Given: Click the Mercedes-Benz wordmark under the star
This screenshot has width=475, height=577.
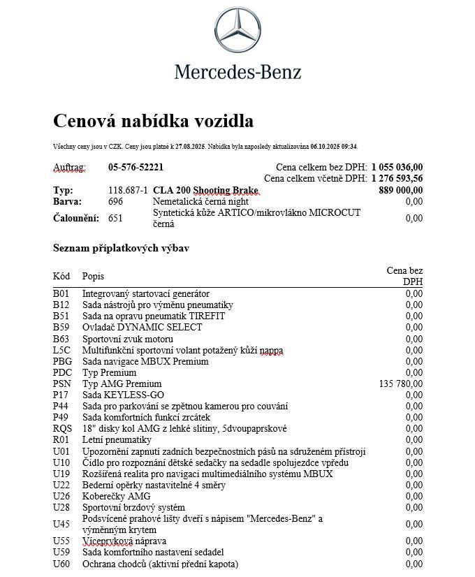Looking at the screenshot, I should pyautogui.click(x=237, y=71).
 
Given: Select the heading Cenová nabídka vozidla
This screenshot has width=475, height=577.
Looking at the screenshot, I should pyautogui.click(x=153, y=122).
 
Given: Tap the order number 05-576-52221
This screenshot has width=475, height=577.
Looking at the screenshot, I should pyautogui.click(x=136, y=168).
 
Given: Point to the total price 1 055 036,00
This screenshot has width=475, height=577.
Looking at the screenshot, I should pyautogui.click(x=397, y=168).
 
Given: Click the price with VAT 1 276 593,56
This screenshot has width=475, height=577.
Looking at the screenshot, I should pyautogui.click(x=397, y=179).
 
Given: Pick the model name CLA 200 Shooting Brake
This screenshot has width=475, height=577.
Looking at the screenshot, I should pyautogui.click(x=205, y=191).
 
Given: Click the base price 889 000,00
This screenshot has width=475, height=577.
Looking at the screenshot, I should pyautogui.click(x=400, y=191).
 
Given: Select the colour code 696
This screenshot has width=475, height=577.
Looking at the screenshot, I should pyautogui.click(x=115, y=201).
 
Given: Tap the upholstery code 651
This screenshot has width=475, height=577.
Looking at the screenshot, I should pyautogui.click(x=115, y=218).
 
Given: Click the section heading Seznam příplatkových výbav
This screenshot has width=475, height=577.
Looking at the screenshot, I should pyautogui.click(x=121, y=249).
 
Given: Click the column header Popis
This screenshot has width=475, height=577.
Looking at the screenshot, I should pyautogui.click(x=93, y=276).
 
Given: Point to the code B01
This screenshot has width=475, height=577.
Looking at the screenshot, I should pyautogui.click(x=61, y=293).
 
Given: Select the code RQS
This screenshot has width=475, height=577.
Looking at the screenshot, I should pyautogui.click(x=62, y=428).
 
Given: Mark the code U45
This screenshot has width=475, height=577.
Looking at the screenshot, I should pyautogui.click(x=61, y=524).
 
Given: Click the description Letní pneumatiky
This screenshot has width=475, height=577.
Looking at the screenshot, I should pyautogui.click(x=117, y=439).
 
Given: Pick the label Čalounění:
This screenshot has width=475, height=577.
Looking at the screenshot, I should pyautogui.click(x=76, y=218).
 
